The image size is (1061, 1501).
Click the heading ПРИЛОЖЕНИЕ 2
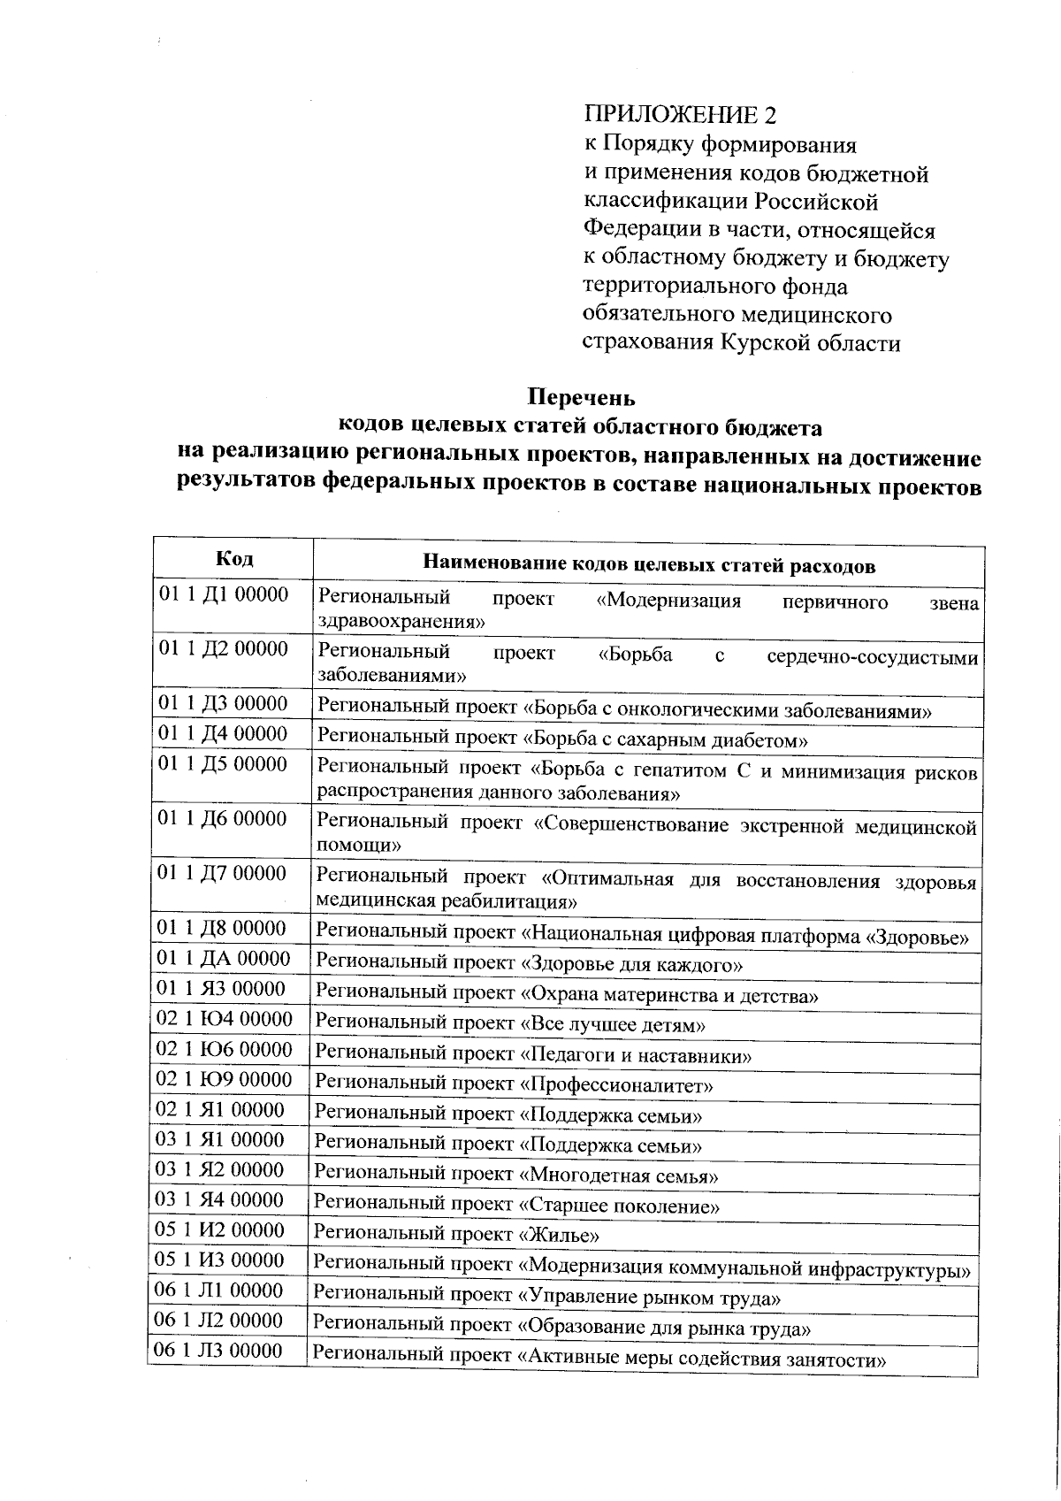tap(683, 115)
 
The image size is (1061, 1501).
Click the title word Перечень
tap(581, 398)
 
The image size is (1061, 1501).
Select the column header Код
tap(234, 559)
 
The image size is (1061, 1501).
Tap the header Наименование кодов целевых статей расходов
tap(649, 565)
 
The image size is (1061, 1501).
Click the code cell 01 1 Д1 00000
tap(223, 594)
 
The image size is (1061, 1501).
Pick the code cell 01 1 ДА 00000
tap(223, 959)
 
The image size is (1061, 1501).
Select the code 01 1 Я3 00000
tap(222, 989)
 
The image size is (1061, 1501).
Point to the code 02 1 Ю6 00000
tap(224, 1049)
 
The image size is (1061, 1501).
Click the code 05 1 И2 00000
tap(221, 1230)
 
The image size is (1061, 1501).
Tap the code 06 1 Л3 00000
tap(219, 1351)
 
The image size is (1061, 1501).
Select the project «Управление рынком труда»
tap(649, 1298)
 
